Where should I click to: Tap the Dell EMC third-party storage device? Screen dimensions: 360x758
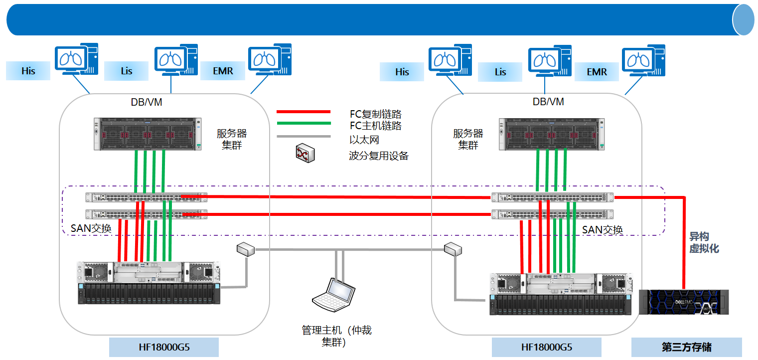point(683,302)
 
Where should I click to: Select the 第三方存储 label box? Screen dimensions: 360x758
point(686,347)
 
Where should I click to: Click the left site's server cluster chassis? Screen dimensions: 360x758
point(148,133)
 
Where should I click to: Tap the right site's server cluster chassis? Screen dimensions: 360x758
point(553,133)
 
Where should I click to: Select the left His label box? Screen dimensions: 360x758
point(28,71)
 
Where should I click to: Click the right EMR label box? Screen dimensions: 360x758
point(597,72)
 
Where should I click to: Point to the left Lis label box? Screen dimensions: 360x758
point(126,71)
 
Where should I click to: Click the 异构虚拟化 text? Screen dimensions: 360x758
point(704,242)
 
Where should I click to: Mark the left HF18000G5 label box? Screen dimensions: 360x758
point(163,347)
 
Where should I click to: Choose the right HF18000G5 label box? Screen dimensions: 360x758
point(546,347)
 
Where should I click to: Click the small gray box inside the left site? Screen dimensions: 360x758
point(246,249)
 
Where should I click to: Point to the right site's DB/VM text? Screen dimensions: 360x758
point(548,102)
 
